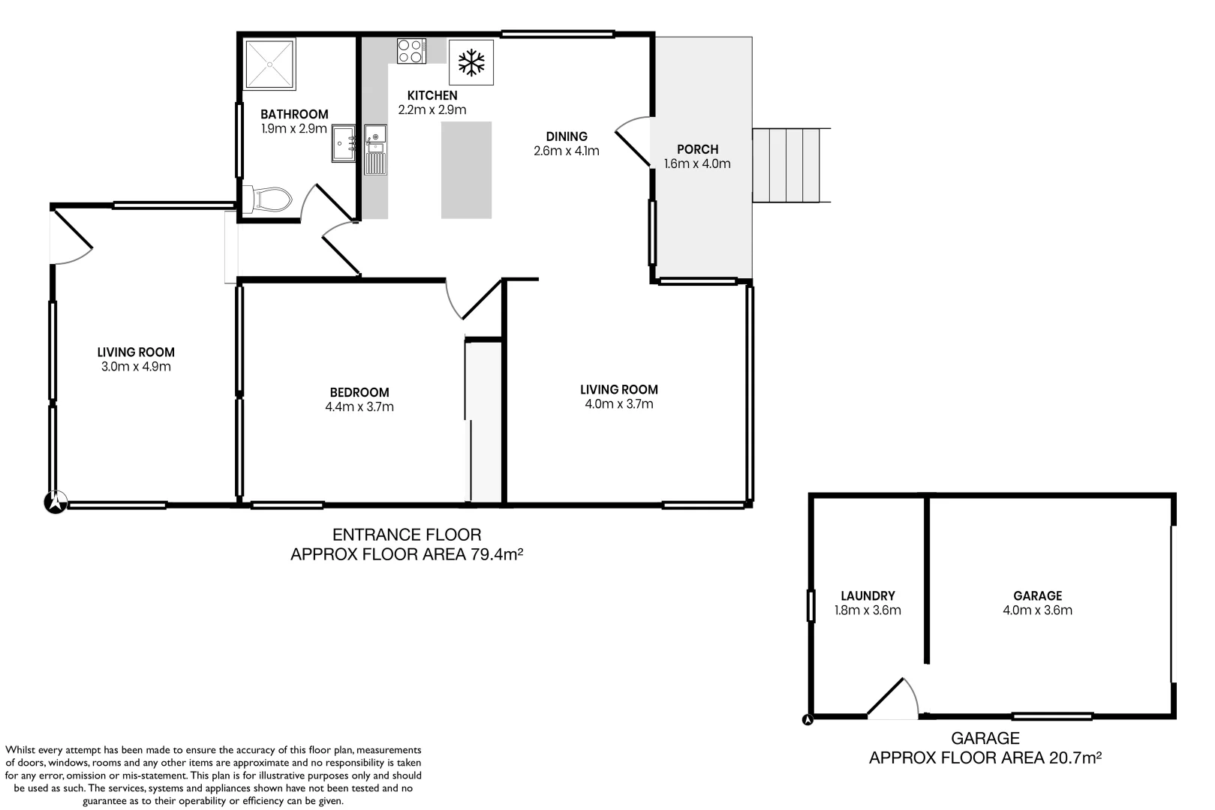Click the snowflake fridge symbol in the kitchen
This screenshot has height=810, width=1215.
pos(471,62)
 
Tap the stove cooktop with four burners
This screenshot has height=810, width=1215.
pos(411,51)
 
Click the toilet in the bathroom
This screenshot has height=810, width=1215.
pos(269,199)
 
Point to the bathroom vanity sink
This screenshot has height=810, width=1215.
pos(344,143)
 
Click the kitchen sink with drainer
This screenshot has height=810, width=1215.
pos(375,148)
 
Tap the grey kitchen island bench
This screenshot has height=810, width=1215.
pos(466,169)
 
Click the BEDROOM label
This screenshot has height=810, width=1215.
pos(359,392)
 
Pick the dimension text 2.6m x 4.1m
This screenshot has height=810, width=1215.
pos(567,151)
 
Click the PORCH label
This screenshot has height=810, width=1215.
pos(697,149)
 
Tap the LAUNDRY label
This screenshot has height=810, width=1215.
pos(868,595)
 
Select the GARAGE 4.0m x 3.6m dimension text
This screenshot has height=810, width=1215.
pos(1037,610)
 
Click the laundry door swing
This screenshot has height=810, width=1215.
pos(894,698)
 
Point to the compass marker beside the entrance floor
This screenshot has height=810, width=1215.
pos(56,502)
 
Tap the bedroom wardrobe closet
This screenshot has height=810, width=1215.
pos(483,420)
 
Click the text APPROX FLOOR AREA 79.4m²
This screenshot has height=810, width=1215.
pos(406,555)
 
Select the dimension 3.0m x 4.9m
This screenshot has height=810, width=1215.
pos(136,367)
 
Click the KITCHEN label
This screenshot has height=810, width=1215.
pos(432,95)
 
